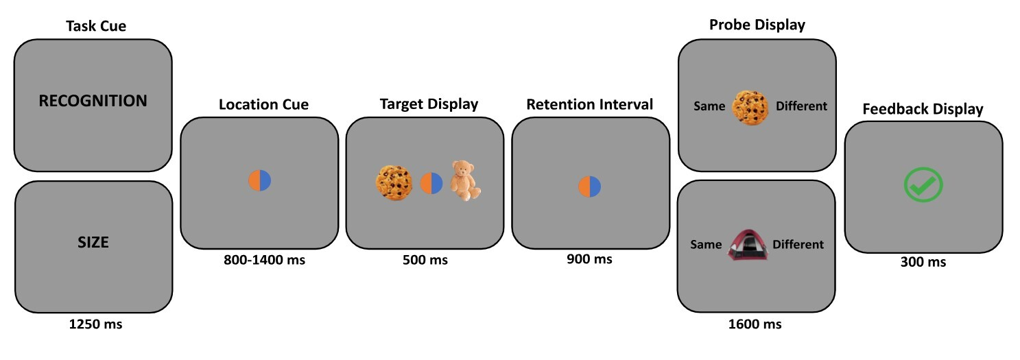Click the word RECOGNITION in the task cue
[x=93, y=101]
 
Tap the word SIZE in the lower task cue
[x=93, y=242]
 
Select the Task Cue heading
[x=96, y=27]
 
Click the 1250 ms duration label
[x=95, y=324]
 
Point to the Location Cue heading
[x=263, y=105]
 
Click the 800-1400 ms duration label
[x=264, y=260]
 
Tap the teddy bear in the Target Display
[x=465, y=180]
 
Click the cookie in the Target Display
[x=393, y=182]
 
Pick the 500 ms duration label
[x=428, y=260]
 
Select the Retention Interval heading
[x=590, y=105]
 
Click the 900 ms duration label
[x=590, y=259]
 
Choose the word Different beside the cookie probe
[x=801, y=106]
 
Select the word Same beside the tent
[x=706, y=245]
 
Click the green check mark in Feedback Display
[x=923, y=185]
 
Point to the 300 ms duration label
[x=923, y=262]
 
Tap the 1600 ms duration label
[x=755, y=324]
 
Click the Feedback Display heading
[x=923, y=109]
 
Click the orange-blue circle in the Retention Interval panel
[x=590, y=186]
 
